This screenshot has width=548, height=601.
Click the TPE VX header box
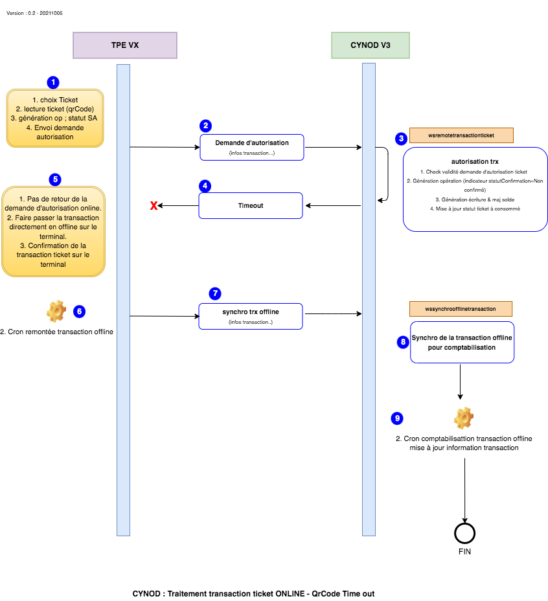point(125,45)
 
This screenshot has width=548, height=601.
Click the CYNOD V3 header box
point(371,45)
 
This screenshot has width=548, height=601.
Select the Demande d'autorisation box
point(252,147)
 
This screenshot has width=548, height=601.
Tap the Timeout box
point(251,205)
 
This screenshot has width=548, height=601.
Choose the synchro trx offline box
point(251,316)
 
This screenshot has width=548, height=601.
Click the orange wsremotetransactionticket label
point(461,135)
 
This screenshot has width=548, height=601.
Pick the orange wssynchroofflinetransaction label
point(461,309)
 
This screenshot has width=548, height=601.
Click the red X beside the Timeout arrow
point(154,206)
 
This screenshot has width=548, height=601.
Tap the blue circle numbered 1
point(53,82)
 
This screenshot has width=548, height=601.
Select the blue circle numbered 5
point(55,179)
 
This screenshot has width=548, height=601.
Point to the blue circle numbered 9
point(397,418)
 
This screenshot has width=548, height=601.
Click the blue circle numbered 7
point(215,293)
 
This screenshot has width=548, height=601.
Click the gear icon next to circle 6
point(56,311)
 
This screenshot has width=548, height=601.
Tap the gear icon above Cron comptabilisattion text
point(464,418)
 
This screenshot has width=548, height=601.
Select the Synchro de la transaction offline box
point(462,343)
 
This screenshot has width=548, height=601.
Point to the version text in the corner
point(34,13)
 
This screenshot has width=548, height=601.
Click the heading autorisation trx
point(475,162)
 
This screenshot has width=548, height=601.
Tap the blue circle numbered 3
point(401,139)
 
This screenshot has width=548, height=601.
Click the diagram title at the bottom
point(253,594)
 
